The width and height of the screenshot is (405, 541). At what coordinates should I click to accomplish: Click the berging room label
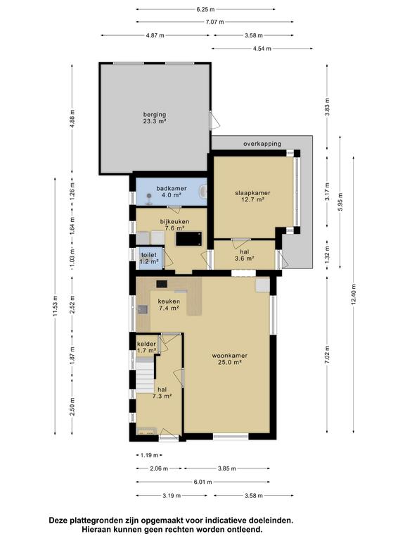pos(155,118)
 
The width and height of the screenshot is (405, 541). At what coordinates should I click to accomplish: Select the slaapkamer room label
pos(252,196)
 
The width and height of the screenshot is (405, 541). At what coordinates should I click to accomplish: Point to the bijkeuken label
pos(174,225)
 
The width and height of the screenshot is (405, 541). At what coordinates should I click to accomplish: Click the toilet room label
pos(148,258)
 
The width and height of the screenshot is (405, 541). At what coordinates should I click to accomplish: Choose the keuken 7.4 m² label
pos(169,304)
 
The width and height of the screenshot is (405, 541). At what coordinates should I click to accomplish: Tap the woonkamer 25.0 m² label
pos(229,359)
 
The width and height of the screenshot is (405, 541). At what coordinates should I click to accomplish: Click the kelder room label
pos(147,347)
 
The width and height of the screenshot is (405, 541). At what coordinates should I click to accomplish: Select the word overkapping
pos(262,144)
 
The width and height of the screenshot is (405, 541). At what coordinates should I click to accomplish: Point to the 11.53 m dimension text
pos(55,306)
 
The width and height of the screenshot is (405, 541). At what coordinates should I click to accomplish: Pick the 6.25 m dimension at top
pos(205,9)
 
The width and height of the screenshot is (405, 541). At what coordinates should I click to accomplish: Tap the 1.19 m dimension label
pos(149,455)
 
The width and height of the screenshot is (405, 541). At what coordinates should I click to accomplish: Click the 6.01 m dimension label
pos(202,482)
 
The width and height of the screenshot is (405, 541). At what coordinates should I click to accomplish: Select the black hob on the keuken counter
pos(162,284)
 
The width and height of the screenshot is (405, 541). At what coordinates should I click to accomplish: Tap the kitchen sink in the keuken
pos(143,309)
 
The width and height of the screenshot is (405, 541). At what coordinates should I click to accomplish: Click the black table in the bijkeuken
pos(189,239)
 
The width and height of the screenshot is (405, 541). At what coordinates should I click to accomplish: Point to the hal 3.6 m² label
pos(245,255)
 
